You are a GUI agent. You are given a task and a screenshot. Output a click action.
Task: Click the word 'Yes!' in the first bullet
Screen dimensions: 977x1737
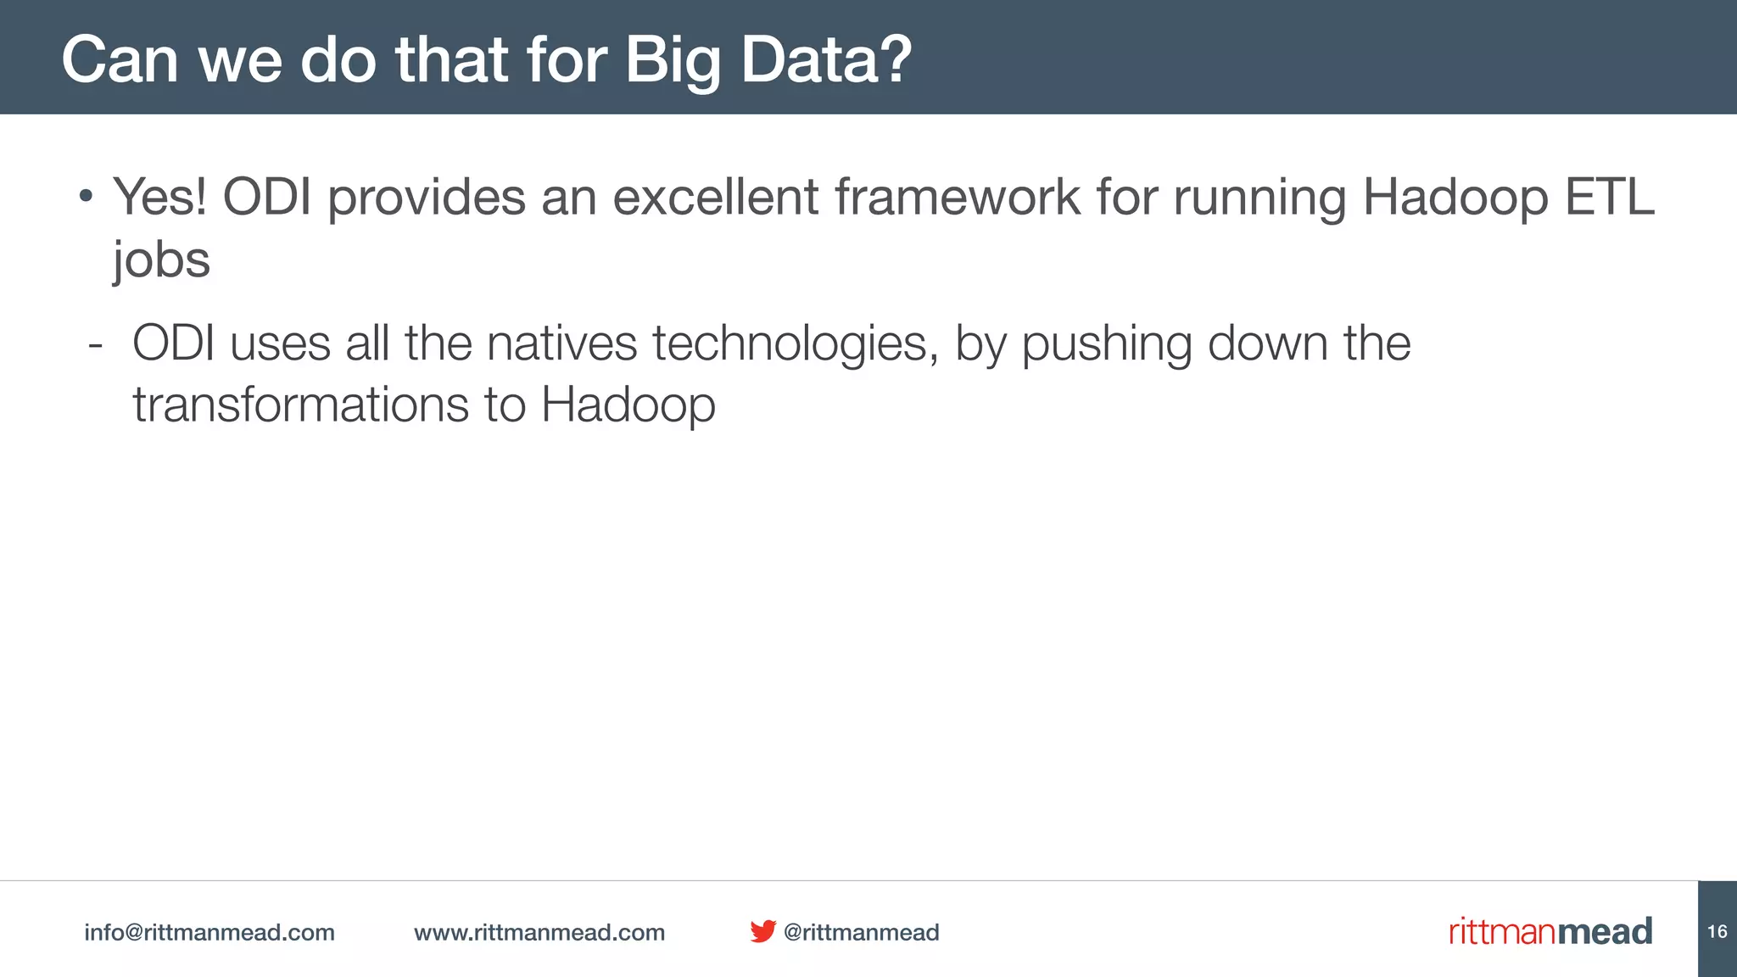(160, 197)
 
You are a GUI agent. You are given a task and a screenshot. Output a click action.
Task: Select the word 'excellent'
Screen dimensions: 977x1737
(715, 197)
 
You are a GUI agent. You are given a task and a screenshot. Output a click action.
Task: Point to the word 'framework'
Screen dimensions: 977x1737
(958, 197)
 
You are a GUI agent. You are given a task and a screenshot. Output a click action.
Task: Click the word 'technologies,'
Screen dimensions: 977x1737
(796, 343)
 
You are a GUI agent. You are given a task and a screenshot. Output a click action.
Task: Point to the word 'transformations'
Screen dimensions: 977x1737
(300, 405)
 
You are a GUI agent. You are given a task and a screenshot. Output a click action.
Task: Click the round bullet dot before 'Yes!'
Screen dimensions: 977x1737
(86, 198)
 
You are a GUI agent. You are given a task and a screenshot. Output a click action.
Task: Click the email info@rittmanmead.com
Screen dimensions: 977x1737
(209, 932)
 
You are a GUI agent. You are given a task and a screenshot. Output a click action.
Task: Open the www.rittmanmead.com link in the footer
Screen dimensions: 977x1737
(539, 932)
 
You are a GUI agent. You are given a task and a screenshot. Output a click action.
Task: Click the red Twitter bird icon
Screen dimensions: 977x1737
(762, 931)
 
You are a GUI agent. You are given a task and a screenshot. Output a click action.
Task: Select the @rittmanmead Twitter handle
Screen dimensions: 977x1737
(861, 932)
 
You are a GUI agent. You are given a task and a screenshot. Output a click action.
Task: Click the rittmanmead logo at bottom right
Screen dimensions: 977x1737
(1550, 931)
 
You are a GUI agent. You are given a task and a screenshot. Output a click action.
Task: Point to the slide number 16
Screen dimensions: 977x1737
(1717, 931)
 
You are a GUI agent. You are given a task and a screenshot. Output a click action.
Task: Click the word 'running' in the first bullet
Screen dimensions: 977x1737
(1260, 197)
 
